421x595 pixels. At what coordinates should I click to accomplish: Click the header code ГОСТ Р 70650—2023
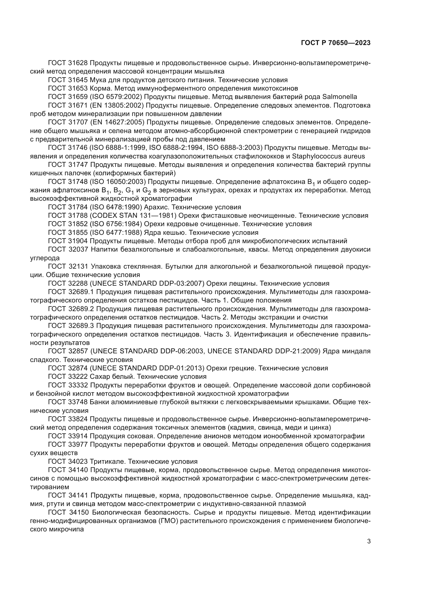click(336, 43)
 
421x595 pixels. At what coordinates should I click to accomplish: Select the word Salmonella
click(340, 97)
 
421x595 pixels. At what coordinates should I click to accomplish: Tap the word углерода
click(45, 258)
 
